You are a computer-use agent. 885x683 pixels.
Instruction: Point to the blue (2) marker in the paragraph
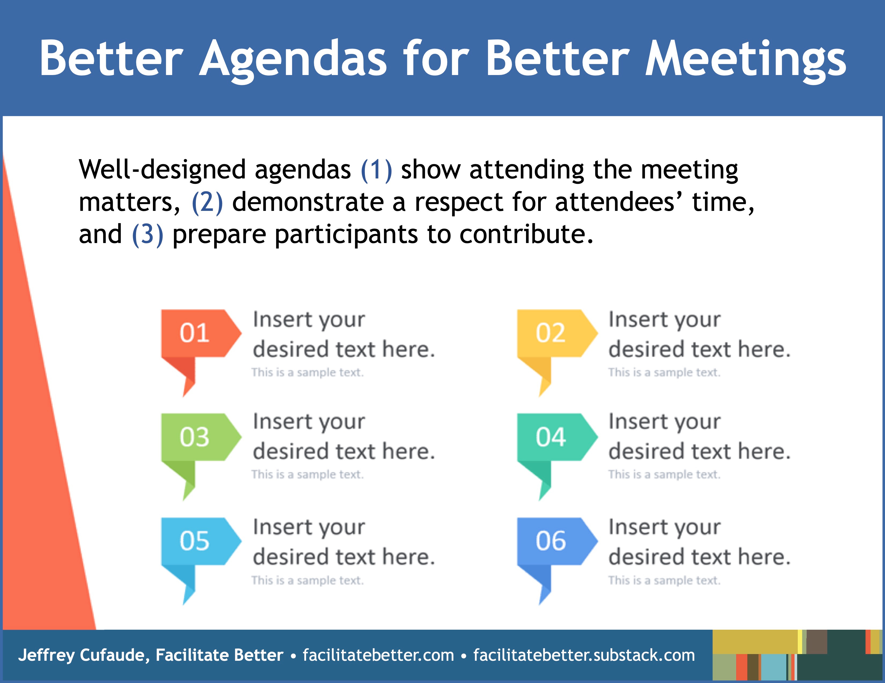[207, 202]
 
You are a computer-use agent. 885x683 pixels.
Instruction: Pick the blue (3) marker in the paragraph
[148, 234]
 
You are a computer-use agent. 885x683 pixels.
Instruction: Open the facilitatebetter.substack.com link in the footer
[584, 655]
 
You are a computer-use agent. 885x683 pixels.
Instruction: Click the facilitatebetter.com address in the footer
[379, 655]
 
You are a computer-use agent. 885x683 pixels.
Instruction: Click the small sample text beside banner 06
[664, 581]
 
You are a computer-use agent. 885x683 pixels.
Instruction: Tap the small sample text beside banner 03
[307, 475]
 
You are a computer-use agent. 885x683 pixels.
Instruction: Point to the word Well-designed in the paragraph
[162, 170]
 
